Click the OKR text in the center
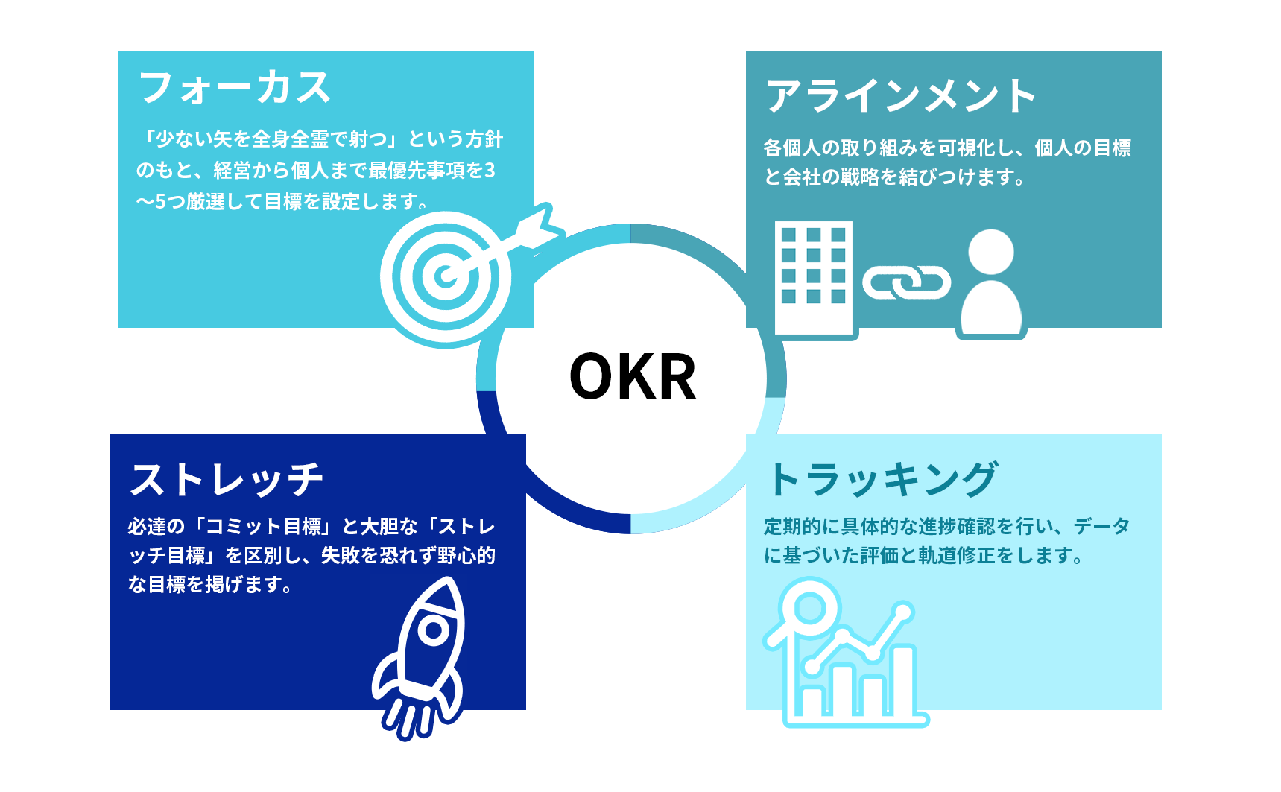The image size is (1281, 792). coord(633,376)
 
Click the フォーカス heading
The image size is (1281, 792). coord(235,87)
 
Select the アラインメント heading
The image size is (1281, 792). coord(901,96)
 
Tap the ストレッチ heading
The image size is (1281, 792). coord(227,479)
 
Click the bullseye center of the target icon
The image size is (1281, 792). coord(446,276)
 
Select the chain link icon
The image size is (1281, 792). coord(906,282)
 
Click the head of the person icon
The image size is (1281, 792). coord(991,252)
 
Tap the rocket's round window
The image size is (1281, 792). coord(433,630)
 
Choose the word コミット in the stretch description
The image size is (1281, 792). coord(244,527)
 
